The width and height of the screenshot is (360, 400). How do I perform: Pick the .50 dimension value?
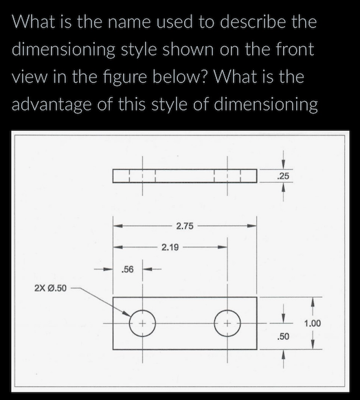point(283,337)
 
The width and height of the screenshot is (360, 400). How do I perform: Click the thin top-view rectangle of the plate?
point(185,177)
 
